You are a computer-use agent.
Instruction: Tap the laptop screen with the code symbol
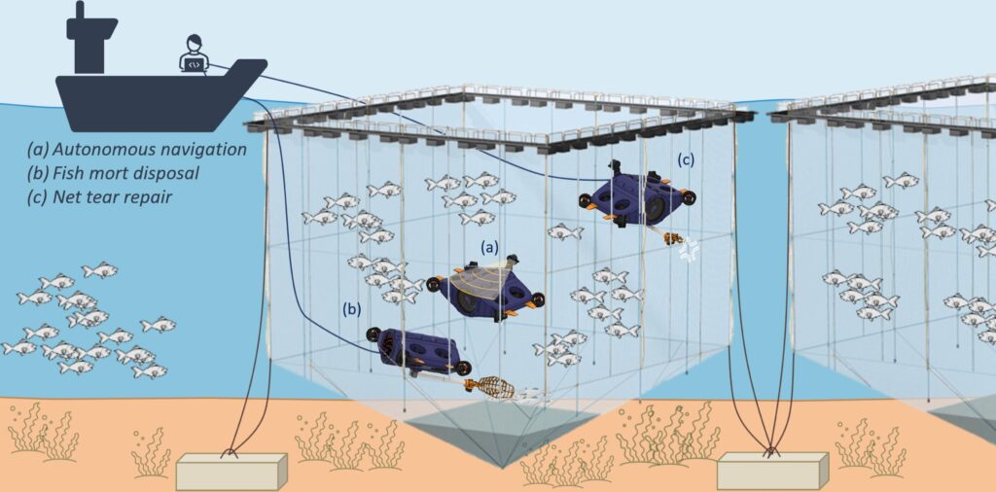coord(195,63)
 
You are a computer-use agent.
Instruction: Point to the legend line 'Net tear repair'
coord(99,196)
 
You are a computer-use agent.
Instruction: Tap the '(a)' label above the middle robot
coord(488,248)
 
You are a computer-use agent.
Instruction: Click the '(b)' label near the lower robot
coord(351,309)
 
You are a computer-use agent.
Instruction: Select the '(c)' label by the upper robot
coord(685,160)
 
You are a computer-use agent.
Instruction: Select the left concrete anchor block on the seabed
coord(231,471)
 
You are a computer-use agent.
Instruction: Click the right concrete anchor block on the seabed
coord(772,471)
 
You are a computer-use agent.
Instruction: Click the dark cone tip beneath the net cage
coord(501,464)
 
